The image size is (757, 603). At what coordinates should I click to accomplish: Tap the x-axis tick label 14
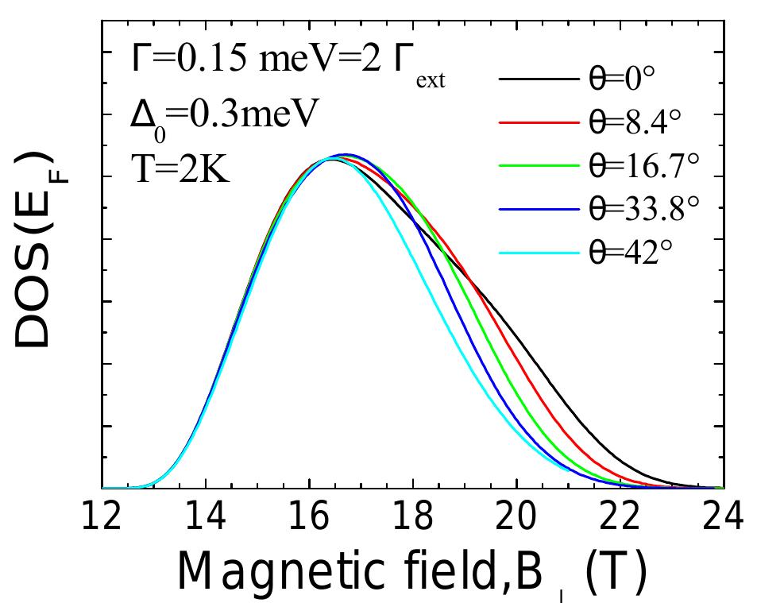point(206,519)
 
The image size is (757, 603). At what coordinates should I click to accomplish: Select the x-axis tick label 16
point(309,519)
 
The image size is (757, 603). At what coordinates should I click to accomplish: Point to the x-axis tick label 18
point(413,519)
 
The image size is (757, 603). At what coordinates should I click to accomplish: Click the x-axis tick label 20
point(517,519)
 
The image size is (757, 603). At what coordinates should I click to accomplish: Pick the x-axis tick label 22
point(620,519)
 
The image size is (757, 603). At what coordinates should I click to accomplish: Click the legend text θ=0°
point(628,79)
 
